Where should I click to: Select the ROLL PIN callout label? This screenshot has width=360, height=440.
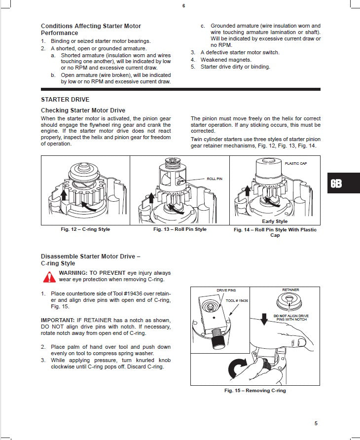click(215, 179)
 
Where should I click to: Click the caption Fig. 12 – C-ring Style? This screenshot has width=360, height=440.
click(82, 229)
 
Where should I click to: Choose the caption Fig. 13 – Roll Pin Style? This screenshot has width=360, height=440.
click(180, 229)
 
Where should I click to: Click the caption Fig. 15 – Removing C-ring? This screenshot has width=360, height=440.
click(255, 391)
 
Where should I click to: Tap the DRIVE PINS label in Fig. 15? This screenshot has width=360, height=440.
click(226, 291)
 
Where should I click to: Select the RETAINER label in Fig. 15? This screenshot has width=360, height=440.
click(290, 290)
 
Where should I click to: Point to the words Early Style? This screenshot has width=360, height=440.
click(275, 221)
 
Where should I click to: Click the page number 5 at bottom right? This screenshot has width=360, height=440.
click(316, 423)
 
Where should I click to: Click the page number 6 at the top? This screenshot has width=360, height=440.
click(183, 6)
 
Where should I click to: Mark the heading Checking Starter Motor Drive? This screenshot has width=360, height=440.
click(83, 110)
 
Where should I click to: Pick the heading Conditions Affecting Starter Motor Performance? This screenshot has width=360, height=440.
click(91, 29)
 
